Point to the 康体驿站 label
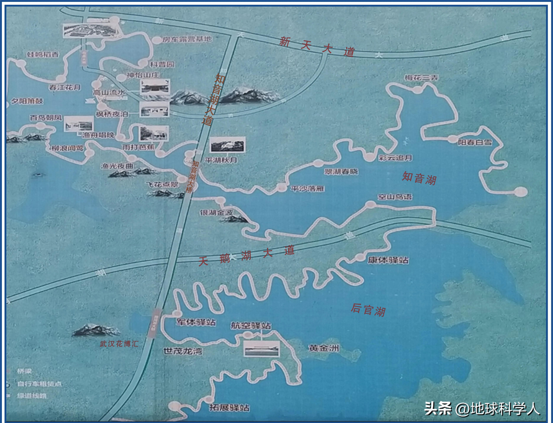tap(388, 260)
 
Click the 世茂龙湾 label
tap(183, 351)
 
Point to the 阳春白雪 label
tap(475, 142)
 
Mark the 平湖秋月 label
tap(221, 160)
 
